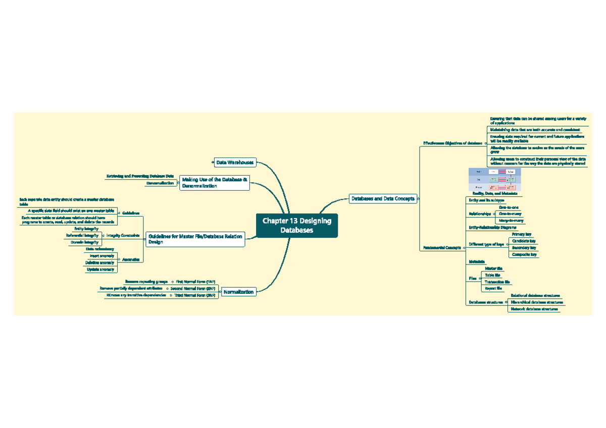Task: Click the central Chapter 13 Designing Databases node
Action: tap(296, 225)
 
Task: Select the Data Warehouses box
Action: tap(235, 163)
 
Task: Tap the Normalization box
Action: tap(239, 292)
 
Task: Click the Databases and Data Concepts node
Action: tap(383, 198)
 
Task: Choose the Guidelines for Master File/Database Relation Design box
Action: tap(195, 239)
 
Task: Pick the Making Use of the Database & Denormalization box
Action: tap(215, 183)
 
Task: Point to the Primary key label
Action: tap(522, 235)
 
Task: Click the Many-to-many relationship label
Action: tap(511, 221)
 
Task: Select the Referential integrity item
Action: tap(82, 236)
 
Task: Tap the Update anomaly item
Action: tap(100, 270)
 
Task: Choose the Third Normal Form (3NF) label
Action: tap(195, 295)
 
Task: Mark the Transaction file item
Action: tap(497, 282)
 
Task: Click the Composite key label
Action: tap(524, 254)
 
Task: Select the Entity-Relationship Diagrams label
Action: tap(492, 228)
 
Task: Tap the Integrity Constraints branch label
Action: tap(123, 235)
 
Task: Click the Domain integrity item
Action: tap(84, 242)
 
